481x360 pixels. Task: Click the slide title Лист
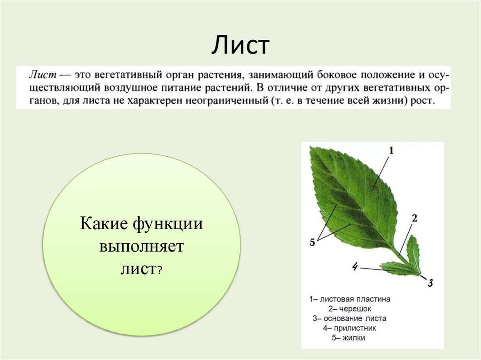(x=240, y=46)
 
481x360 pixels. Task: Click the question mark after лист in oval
(x=160, y=270)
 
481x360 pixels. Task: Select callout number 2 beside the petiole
(x=414, y=218)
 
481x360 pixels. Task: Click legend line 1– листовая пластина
(x=349, y=299)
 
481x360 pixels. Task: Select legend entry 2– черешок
(x=349, y=308)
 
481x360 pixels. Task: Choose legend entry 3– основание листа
(x=349, y=318)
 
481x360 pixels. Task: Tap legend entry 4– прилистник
(x=349, y=328)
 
